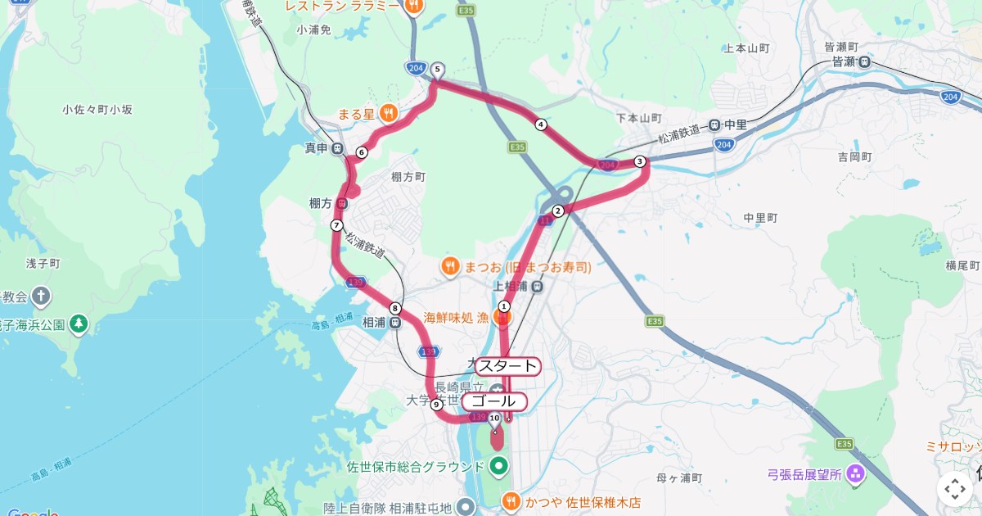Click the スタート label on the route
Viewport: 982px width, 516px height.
[x=507, y=366]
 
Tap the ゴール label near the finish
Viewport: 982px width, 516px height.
[x=494, y=401]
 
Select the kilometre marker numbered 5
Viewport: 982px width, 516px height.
[x=438, y=70]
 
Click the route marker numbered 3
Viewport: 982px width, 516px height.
[x=640, y=161]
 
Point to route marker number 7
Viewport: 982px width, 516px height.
[x=336, y=225]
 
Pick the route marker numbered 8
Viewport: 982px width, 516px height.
[x=395, y=309]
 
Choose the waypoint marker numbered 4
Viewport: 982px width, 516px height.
[x=540, y=124]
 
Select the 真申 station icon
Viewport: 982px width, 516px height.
[x=337, y=148]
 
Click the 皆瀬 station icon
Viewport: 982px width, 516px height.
[x=865, y=61]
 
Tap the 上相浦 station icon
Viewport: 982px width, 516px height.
[x=537, y=286]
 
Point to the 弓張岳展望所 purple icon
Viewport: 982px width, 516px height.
[x=855, y=473]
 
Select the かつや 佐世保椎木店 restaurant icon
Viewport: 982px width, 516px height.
[x=511, y=500]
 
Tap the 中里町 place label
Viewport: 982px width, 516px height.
[x=760, y=218]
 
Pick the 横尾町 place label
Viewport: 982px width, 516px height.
[x=962, y=265]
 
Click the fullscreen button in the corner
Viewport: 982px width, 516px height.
[x=955, y=490]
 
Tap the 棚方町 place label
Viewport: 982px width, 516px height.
[x=408, y=176]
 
